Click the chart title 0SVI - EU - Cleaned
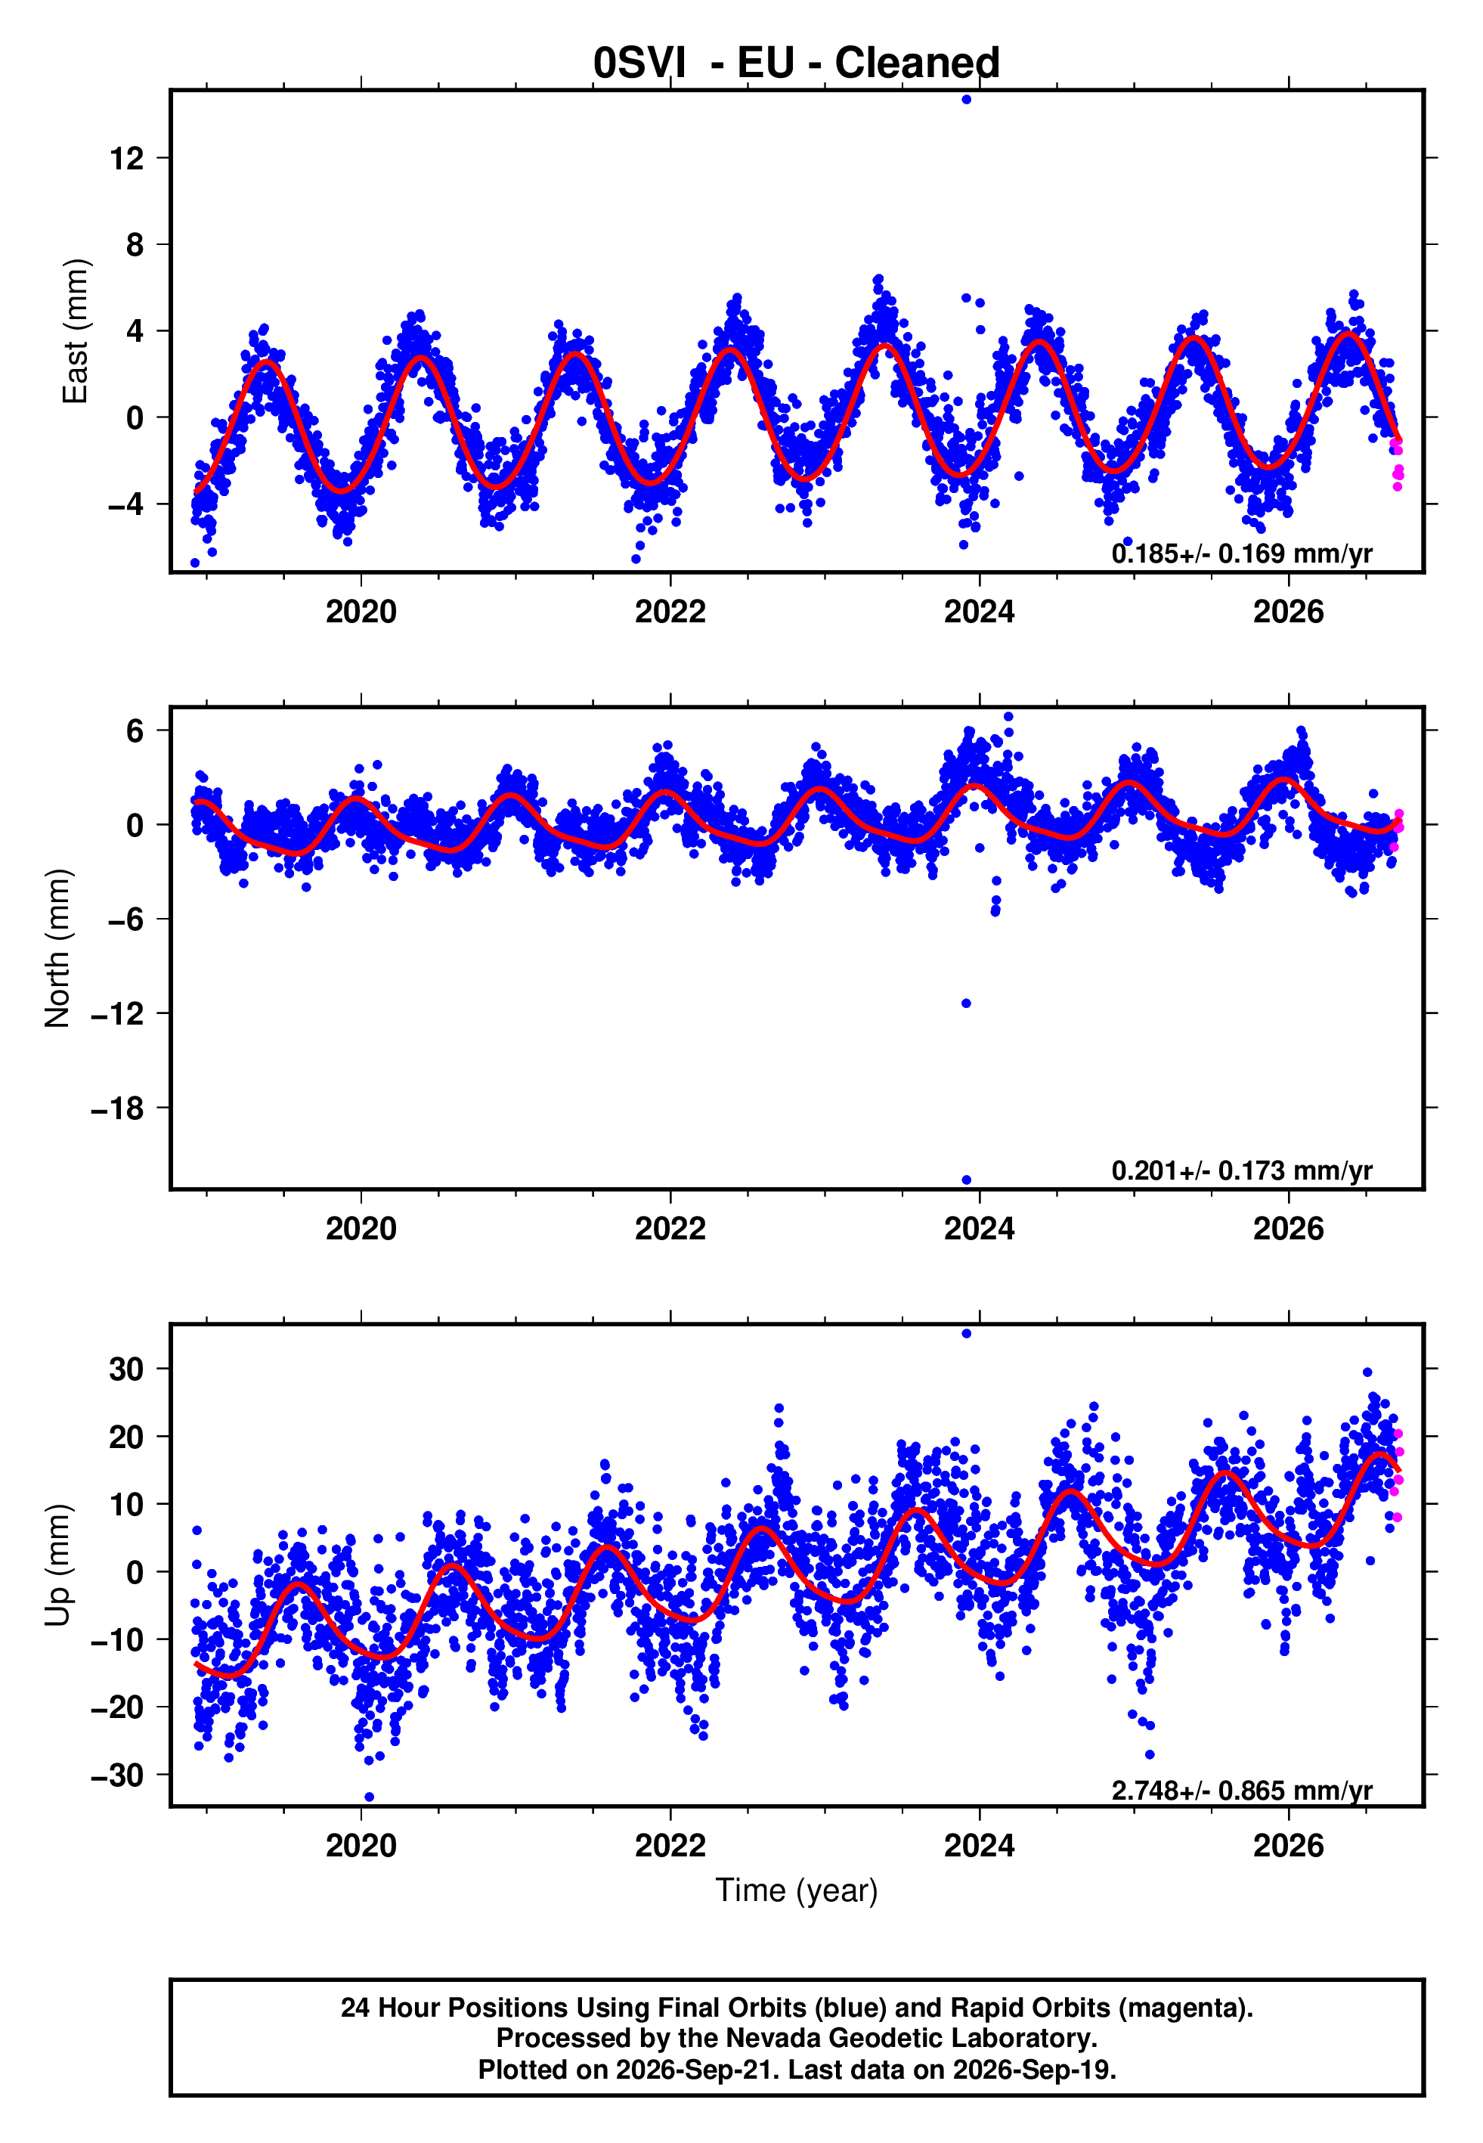[x=797, y=64]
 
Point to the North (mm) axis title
[x=57, y=948]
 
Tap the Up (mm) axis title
[x=57, y=1565]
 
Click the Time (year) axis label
[x=797, y=1890]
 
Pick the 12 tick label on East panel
[x=127, y=159]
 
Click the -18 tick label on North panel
[x=118, y=1109]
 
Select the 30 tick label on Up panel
[x=127, y=1369]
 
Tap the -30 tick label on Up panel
[x=118, y=1774]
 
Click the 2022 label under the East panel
[x=670, y=612]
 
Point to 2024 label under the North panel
[x=980, y=1229]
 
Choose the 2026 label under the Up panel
[x=1289, y=1845]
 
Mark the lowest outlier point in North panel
[x=966, y=1180]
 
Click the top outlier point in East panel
[x=966, y=99]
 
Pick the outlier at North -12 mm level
[x=966, y=1003]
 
